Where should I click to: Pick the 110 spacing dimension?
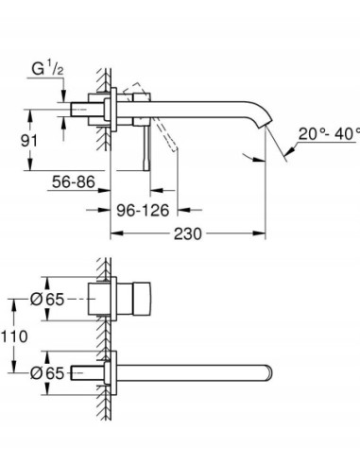[x=16, y=336]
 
